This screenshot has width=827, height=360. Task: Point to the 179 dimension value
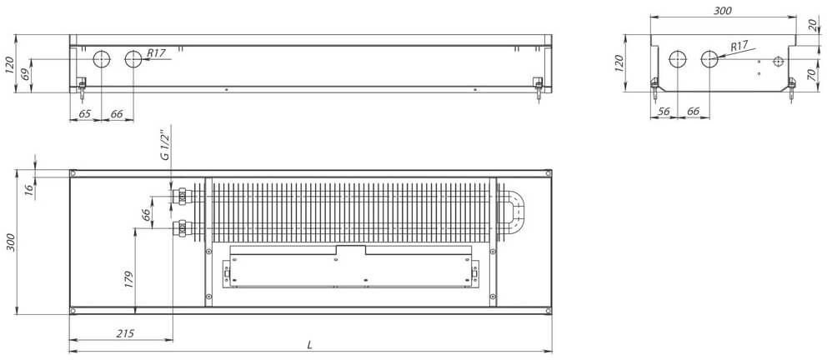point(128,279)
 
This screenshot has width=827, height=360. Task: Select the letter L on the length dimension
point(310,344)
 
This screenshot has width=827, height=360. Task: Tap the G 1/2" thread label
point(165,145)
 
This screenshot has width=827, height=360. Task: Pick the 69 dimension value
point(25,74)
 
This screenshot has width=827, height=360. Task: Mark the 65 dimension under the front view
point(84,112)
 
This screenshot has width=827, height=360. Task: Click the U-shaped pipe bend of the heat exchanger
point(515,212)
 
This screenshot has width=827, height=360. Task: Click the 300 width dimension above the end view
point(723,10)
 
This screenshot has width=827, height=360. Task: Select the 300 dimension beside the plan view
point(11,242)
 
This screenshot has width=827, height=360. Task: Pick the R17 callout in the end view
point(739,47)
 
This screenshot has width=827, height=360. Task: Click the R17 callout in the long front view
point(157,52)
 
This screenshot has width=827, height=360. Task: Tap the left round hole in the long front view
point(102,60)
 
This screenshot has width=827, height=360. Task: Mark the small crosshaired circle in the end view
point(778,62)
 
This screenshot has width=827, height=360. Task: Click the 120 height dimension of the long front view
point(9,63)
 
